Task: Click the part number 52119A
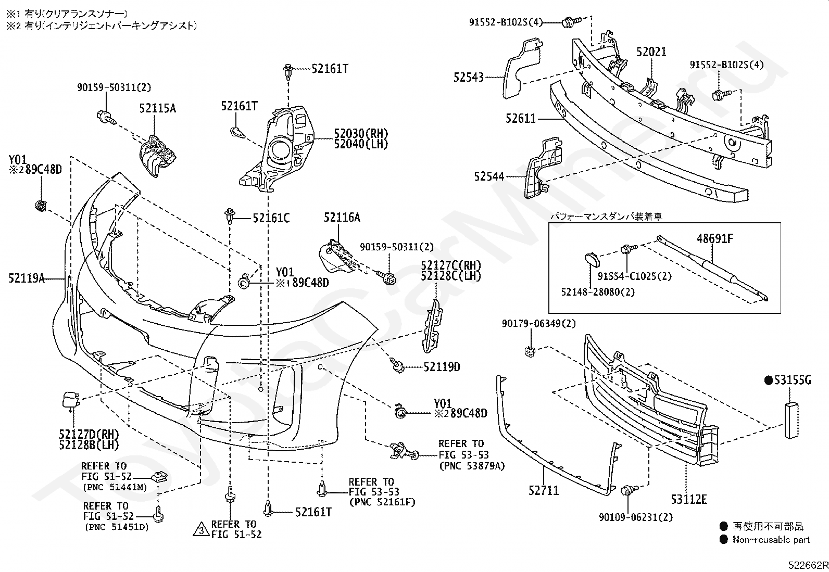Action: pos(26,278)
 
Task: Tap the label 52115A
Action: pos(158,108)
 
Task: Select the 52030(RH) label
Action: pos(361,133)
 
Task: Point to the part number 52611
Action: pos(521,118)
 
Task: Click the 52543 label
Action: pos(469,77)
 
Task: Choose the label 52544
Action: pos(489,176)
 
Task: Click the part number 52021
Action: pos(651,52)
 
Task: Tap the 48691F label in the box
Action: pos(714,239)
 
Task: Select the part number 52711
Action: pos(543,490)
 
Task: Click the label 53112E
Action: pos(689,500)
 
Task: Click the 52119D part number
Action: pos(442,366)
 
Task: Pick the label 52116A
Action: pos(342,217)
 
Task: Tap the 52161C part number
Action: pos(271,218)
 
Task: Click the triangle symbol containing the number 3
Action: pos(202,530)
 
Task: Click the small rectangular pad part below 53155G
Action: pos(792,421)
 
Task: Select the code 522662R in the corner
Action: pos(808,565)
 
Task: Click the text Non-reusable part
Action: pos(771,540)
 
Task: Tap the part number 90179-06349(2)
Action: pos(539,324)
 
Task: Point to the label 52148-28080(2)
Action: pos(598,292)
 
